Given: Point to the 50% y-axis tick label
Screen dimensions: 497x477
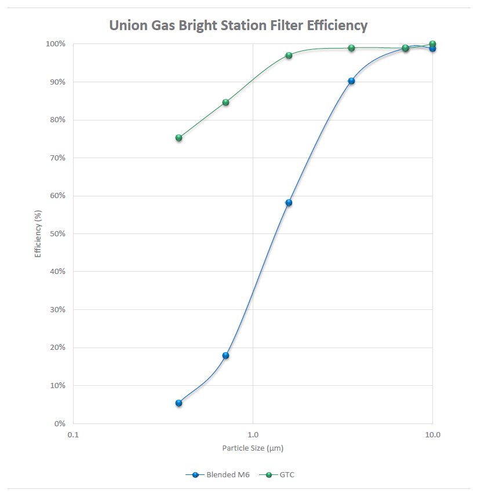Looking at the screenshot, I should pyautogui.click(x=57, y=233).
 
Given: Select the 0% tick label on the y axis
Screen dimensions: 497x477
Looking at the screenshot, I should pyautogui.click(x=59, y=423).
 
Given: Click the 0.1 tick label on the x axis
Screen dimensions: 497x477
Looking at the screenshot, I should pyautogui.click(x=72, y=434).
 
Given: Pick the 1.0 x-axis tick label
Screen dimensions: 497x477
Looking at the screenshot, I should pyautogui.click(x=253, y=434).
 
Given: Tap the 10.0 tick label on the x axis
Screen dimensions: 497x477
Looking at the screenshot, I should pyautogui.click(x=432, y=434).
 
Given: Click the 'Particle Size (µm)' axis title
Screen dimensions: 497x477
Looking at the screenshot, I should pyautogui.click(x=253, y=448).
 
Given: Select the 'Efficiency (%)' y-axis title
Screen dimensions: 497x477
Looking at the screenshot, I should pyautogui.click(x=38, y=234).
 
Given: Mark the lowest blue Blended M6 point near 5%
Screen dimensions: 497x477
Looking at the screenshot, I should pyautogui.click(x=179, y=403).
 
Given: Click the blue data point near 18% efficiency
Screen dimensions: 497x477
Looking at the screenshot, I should pyautogui.click(x=225, y=356).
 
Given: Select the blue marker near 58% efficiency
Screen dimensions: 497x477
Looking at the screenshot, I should pyautogui.click(x=289, y=203).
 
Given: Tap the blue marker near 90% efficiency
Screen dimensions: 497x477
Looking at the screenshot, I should pyautogui.click(x=351, y=81).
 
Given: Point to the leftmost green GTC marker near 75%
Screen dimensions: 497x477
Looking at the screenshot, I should pyautogui.click(x=179, y=138).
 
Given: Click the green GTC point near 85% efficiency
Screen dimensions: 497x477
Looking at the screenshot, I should pyautogui.click(x=225, y=103).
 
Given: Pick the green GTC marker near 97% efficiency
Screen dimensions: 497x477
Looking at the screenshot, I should pyautogui.click(x=289, y=56).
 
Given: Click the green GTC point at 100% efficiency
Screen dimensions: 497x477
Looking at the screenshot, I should pyautogui.click(x=432, y=44).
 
